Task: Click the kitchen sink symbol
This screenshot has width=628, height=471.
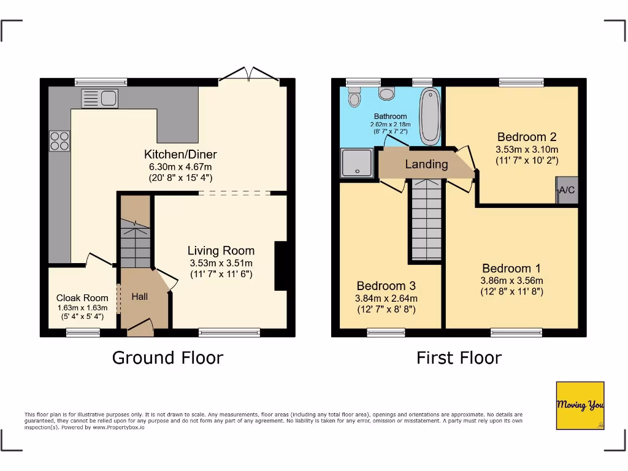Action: (99, 98)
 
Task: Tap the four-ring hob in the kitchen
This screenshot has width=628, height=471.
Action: (59, 141)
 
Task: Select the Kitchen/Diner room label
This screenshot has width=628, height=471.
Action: (180, 155)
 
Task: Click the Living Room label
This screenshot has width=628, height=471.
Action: (221, 250)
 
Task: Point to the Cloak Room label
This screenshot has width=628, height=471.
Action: (82, 298)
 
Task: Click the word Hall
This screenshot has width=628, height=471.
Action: (140, 297)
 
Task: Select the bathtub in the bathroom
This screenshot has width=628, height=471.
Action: (430, 115)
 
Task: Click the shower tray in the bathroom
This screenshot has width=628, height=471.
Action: (356, 163)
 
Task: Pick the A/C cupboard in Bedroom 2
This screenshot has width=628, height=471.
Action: (567, 190)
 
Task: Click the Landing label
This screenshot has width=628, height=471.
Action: (426, 164)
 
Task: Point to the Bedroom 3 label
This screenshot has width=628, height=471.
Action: (386, 286)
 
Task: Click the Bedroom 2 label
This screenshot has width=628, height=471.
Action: (527, 137)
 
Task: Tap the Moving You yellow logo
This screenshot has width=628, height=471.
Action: (580, 405)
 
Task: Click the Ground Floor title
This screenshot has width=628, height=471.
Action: (167, 358)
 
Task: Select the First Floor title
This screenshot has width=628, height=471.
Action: (459, 358)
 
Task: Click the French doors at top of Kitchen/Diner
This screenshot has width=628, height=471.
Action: (250, 75)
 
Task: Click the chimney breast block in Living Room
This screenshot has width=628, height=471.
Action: (281, 266)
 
